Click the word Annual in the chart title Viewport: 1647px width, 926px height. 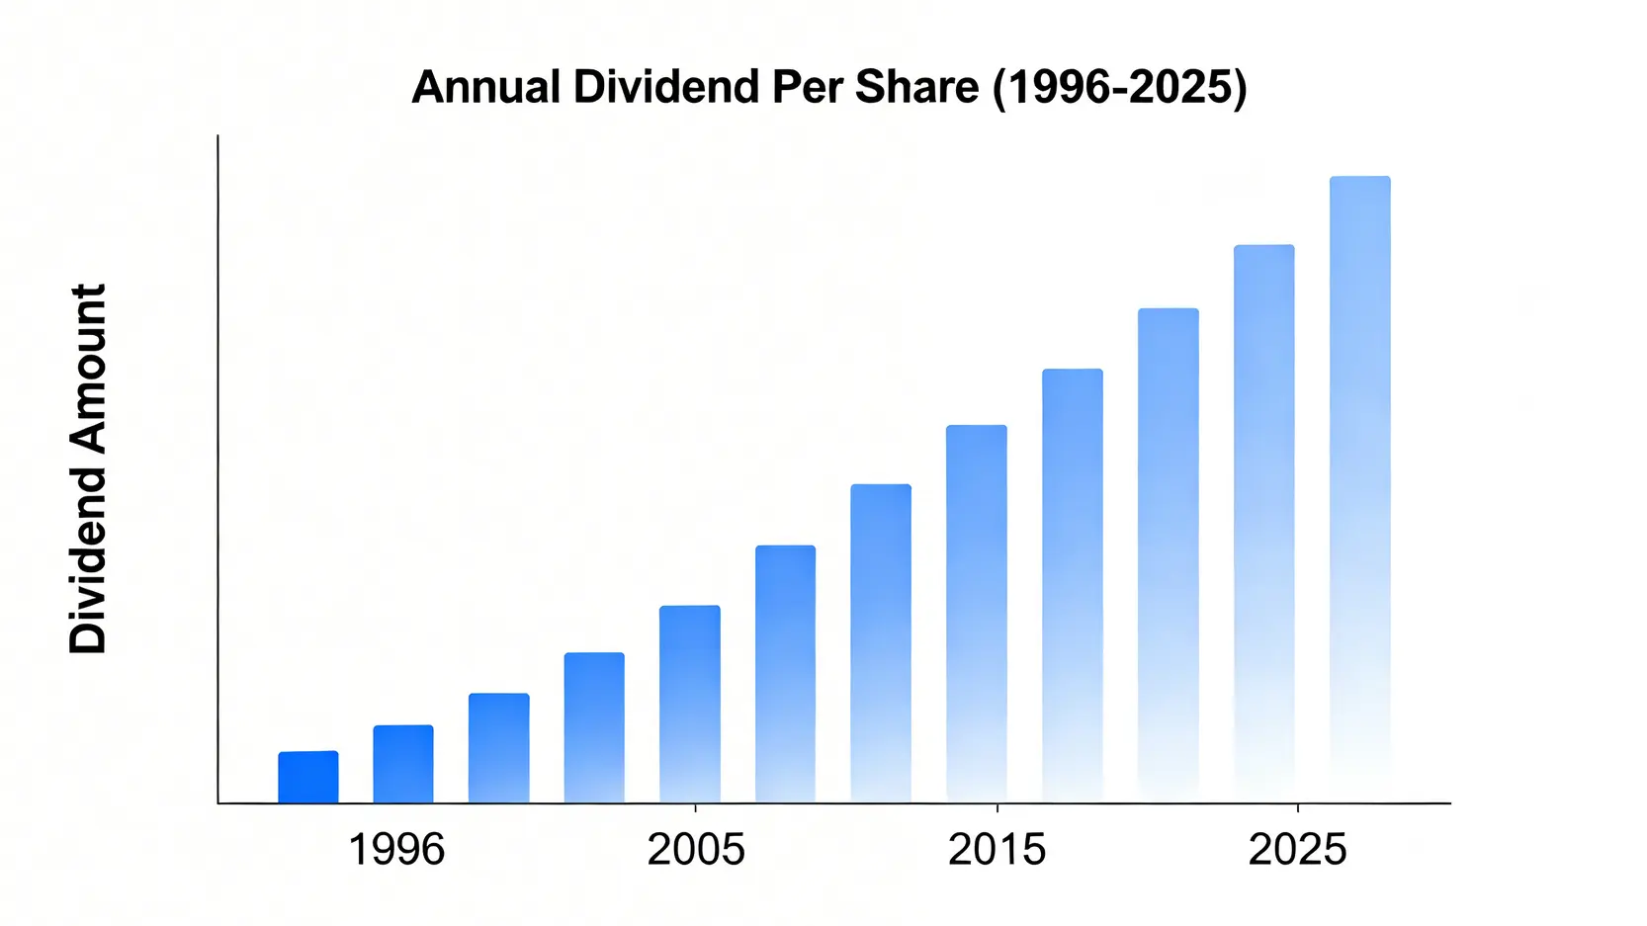pyautogui.click(x=485, y=87)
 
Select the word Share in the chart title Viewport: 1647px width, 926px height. pyautogui.click(x=916, y=87)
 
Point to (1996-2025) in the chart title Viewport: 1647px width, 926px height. pyautogui.click(x=1119, y=87)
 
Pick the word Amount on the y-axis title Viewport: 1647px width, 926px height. pyautogui.click(x=88, y=368)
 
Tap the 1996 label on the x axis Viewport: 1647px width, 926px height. pyautogui.click(x=396, y=850)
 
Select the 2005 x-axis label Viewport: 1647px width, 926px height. pyautogui.click(x=696, y=850)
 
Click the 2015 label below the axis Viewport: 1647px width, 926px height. pyautogui.click(x=997, y=850)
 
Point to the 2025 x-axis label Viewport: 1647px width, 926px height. pyautogui.click(x=1297, y=850)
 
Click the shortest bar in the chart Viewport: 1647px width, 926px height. pyautogui.click(x=307, y=777)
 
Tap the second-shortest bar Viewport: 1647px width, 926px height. pyautogui.click(x=402, y=764)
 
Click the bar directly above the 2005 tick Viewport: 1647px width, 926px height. pyautogui.click(x=689, y=704)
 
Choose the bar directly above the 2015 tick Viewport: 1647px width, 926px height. pyautogui.click(x=976, y=614)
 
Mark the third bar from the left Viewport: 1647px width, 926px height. pyautogui.click(x=498, y=748)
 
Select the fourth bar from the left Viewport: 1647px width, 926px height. pyautogui.click(x=594, y=727)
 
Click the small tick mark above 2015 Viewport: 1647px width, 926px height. pyautogui.click(x=997, y=807)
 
